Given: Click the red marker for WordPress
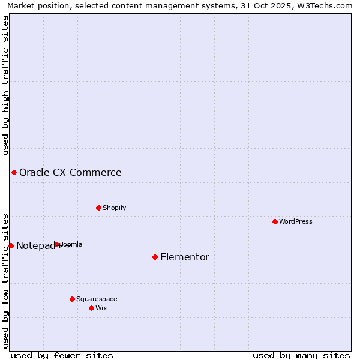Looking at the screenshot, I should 275,221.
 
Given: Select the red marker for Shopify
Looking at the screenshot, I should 98,208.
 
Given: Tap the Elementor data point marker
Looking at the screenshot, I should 155,257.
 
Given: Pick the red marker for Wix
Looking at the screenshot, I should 91,308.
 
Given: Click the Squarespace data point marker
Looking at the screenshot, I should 72,299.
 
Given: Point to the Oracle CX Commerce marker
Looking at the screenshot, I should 14,172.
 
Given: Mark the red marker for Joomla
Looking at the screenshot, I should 57,244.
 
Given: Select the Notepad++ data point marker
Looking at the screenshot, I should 11,245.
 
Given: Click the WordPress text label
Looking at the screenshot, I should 296,221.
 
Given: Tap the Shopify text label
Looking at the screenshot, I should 114,208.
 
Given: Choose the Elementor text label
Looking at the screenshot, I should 185,257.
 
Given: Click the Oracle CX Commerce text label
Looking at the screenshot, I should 70,172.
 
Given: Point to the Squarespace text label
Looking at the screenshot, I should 97,299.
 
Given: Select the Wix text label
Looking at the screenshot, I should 101,308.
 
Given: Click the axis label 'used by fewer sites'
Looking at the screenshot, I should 62,355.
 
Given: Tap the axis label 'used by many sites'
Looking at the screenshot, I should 301,355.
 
